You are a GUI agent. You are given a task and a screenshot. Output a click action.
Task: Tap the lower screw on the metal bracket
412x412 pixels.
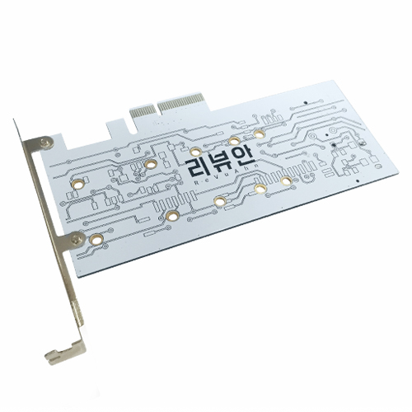[x=77, y=239]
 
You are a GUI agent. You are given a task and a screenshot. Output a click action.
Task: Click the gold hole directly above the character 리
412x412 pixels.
[x=195, y=151]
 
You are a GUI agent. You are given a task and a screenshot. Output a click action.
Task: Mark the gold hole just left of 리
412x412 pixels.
[x=150, y=164]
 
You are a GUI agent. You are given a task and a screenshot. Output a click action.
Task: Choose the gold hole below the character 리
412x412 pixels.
[x=172, y=217]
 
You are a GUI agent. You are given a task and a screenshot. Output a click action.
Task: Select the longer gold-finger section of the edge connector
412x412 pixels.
[x=185, y=100]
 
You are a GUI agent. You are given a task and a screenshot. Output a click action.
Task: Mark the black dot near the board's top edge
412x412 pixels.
[x=306, y=102]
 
